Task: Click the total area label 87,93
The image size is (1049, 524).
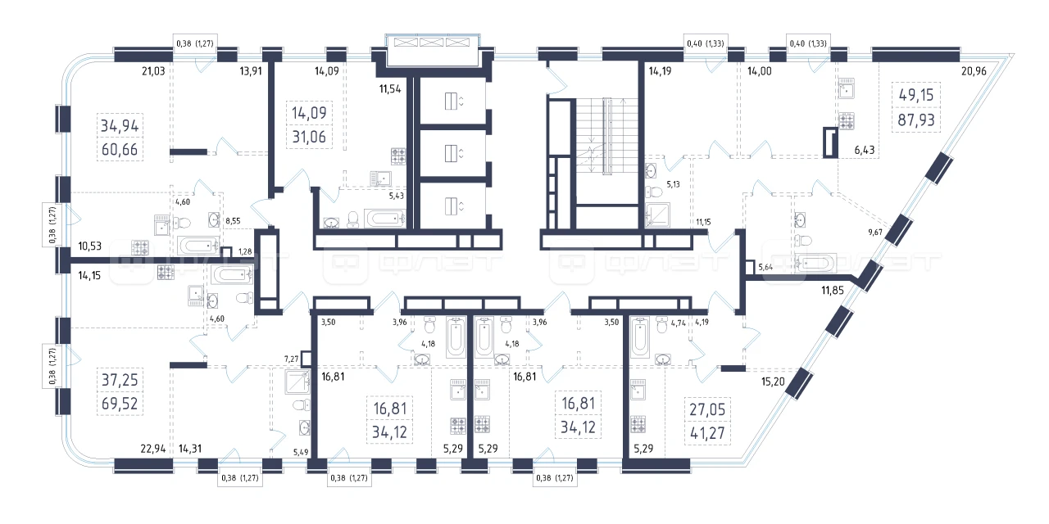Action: click(x=916, y=120)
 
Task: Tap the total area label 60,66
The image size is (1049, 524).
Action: click(x=120, y=150)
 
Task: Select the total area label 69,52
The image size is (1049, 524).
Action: click(x=120, y=404)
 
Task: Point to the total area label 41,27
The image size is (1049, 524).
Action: click(x=707, y=433)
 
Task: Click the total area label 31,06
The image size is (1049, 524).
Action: click(x=309, y=137)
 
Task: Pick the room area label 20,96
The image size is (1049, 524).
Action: click(x=974, y=71)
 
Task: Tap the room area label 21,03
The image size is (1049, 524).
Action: click(x=153, y=71)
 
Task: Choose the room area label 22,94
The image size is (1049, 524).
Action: click(x=153, y=449)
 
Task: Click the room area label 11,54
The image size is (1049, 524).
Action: click(x=390, y=89)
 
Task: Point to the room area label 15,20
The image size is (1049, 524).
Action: click(x=773, y=382)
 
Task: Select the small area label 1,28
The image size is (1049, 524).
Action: click(x=245, y=251)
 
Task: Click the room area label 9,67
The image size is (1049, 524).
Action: click(x=874, y=232)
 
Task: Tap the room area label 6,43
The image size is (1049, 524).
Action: click(x=864, y=150)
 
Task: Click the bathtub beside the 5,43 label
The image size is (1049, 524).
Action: click(x=385, y=219)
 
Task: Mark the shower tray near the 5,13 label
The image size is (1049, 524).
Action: click(x=657, y=215)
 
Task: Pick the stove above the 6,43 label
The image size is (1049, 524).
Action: click(x=847, y=121)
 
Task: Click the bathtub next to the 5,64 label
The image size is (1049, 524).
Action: click(x=815, y=263)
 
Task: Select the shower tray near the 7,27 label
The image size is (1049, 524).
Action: click(x=297, y=382)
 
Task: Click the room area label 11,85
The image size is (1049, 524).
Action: click(x=832, y=291)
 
